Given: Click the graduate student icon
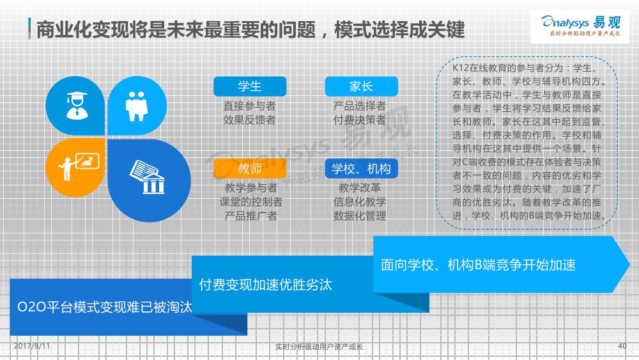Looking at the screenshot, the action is click(x=77, y=106).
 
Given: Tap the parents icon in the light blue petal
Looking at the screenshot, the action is click(x=137, y=106).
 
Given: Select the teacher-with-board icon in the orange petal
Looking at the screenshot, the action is click(x=78, y=166).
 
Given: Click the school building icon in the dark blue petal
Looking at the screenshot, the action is click(x=148, y=176).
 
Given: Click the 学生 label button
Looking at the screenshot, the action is click(x=250, y=86).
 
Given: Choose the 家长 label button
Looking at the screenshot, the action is click(x=361, y=86).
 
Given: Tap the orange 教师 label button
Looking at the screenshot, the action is click(x=250, y=168).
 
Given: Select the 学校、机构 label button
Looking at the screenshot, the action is click(x=361, y=168).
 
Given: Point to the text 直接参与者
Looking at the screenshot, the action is click(x=249, y=106).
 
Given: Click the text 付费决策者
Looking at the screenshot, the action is click(x=359, y=120).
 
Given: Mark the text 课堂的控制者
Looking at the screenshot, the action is click(x=251, y=202).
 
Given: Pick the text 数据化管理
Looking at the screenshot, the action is click(x=359, y=215).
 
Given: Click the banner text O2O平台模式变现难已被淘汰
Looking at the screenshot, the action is click(x=105, y=307).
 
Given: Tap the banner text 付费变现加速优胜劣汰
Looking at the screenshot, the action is click(x=266, y=285).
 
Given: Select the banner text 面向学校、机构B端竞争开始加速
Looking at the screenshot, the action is click(x=478, y=265).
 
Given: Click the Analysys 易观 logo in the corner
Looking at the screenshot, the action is click(x=580, y=26).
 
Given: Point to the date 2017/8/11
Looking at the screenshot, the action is click(x=32, y=346).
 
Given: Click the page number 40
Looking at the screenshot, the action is click(x=622, y=346).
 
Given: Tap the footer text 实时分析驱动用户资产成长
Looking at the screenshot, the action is click(x=319, y=347).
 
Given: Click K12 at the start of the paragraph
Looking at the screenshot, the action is click(x=461, y=68).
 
